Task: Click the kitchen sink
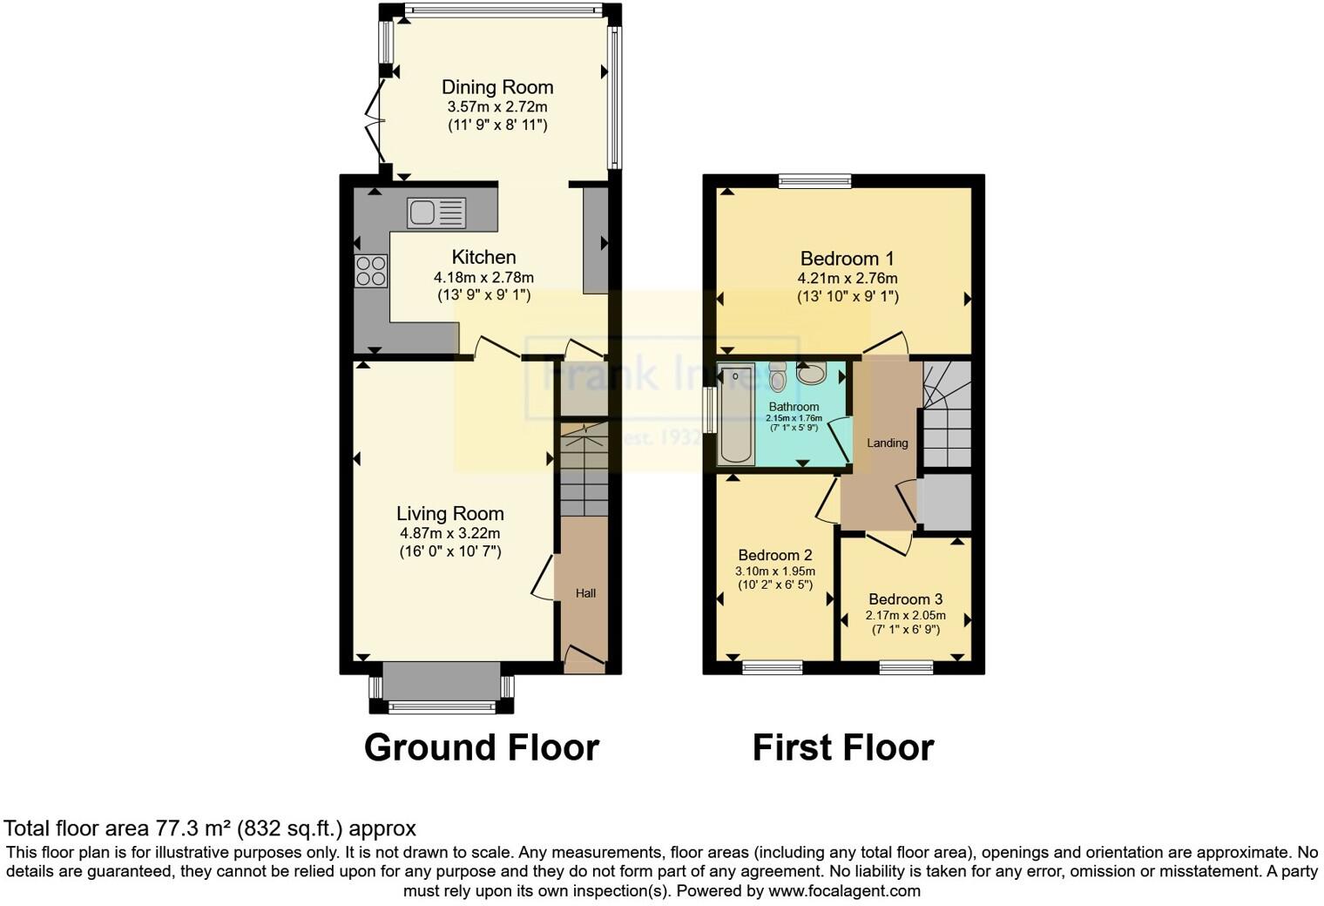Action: click(436, 213)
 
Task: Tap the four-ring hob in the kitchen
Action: click(371, 271)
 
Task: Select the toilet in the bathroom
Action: click(778, 377)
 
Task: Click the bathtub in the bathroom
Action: click(736, 416)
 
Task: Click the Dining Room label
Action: click(497, 87)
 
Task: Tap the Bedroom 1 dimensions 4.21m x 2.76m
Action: click(847, 279)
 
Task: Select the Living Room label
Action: click(449, 514)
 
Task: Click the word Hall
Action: click(585, 593)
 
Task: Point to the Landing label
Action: click(887, 443)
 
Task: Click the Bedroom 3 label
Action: click(905, 599)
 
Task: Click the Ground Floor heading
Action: click(481, 747)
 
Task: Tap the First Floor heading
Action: click(842, 747)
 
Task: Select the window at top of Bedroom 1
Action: click(814, 181)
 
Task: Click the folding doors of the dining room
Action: click(375, 122)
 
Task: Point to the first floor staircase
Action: click(947, 414)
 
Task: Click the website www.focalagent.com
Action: click(843, 891)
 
